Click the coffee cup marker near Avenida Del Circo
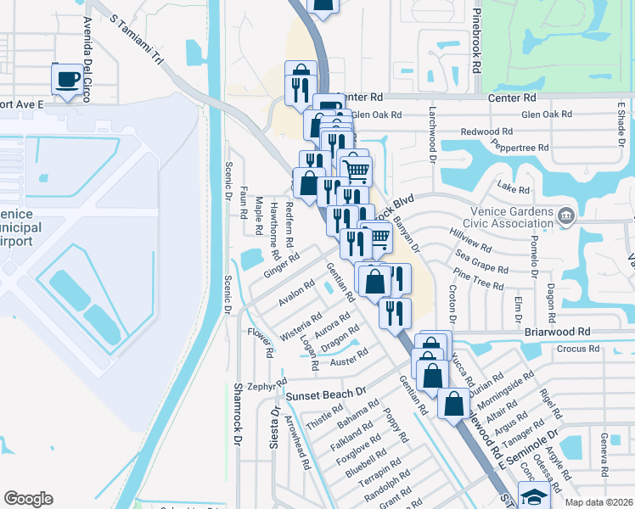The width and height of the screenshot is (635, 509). point(67,80)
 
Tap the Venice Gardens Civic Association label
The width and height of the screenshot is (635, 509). point(516,217)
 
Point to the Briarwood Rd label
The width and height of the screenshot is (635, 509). point(556,332)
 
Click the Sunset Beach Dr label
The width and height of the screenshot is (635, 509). point(325,394)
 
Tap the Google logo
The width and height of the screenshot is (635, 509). point(28,499)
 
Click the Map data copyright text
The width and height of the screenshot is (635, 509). point(598,502)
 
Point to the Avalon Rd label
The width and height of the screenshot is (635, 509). point(296,293)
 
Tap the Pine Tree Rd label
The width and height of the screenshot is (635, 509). point(479,278)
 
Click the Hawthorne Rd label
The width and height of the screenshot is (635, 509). point(274,230)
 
